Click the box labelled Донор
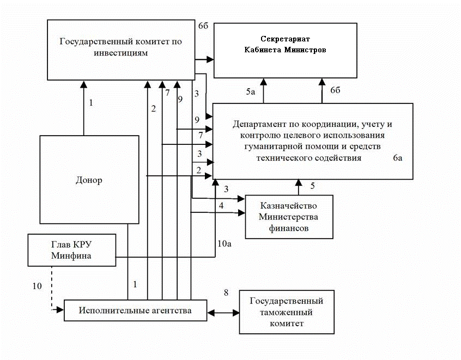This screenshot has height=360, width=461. [89, 180]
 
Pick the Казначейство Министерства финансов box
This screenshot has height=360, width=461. [289, 217]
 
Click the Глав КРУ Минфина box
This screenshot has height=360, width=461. [72, 249]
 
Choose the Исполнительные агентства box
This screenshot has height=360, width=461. [135, 310]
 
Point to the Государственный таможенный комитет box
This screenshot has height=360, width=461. [287, 312]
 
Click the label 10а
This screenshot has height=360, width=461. [225, 243]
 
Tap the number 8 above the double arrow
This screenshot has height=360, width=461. [226, 293]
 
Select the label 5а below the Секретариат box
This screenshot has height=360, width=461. [250, 92]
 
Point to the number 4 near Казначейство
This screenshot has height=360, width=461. [221, 206]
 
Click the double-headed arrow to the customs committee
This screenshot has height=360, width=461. [223, 313]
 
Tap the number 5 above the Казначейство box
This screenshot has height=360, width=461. [312, 186]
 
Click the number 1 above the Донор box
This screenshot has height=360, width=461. [91, 102]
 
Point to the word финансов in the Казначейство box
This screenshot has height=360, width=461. [289, 228]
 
